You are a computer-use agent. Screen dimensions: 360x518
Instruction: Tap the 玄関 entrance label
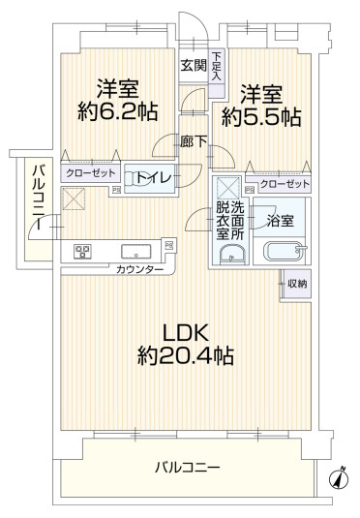[193, 67]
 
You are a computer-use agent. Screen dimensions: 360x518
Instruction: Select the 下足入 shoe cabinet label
[217, 66]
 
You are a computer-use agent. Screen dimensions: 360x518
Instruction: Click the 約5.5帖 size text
[260, 117]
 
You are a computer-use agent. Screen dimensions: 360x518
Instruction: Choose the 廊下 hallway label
[193, 142]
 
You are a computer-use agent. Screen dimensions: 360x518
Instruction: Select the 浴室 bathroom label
[282, 222]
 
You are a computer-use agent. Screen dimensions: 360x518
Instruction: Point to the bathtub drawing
[284, 254]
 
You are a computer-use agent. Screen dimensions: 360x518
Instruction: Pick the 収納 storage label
[297, 284]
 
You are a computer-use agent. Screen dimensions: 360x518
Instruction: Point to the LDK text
[184, 330]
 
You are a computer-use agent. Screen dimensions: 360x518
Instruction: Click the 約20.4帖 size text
[184, 355]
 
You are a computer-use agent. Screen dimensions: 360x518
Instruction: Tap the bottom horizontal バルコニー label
[187, 468]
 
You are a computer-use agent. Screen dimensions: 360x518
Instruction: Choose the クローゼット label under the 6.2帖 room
[90, 173]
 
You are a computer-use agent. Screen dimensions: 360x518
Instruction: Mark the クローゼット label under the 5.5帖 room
[285, 183]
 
